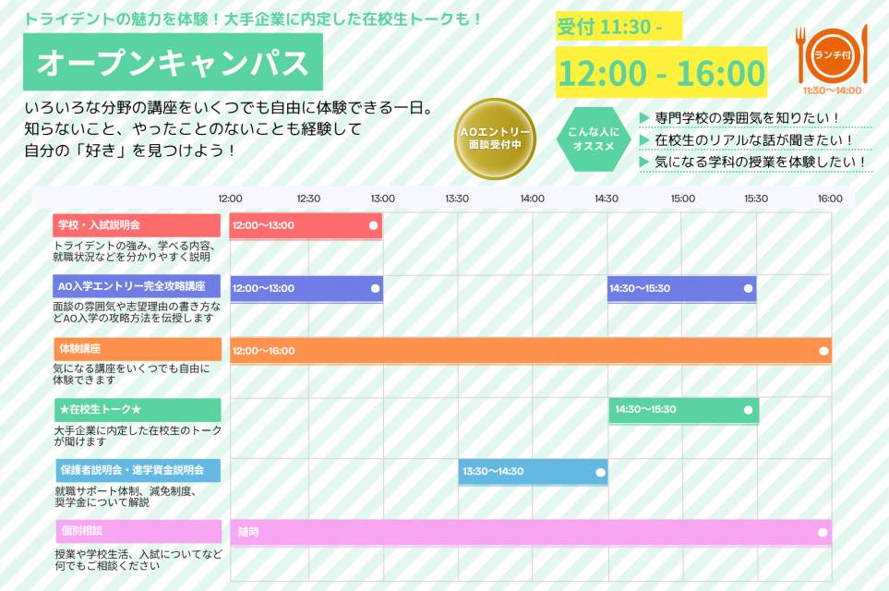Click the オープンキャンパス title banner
(173, 62)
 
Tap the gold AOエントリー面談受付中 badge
(495, 139)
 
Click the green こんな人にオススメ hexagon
(593, 139)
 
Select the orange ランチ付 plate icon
(833, 55)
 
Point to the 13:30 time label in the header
(456, 199)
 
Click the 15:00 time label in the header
(682, 199)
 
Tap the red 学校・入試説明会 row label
(137, 225)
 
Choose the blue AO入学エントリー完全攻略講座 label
(137, 286)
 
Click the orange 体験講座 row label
(138, 349)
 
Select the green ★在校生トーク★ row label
(138, 409)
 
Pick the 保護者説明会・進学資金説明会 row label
(138, 470)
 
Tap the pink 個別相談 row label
(138, 531)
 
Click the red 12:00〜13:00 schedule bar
(306, 225)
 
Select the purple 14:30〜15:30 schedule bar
(681, 289)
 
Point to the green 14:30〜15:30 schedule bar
(684, 410)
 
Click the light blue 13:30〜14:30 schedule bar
(533, 472)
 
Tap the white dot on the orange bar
(823, 351)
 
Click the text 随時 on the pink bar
(248, 532)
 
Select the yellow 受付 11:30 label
(619, 26)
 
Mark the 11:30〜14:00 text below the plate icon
(833, 90)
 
